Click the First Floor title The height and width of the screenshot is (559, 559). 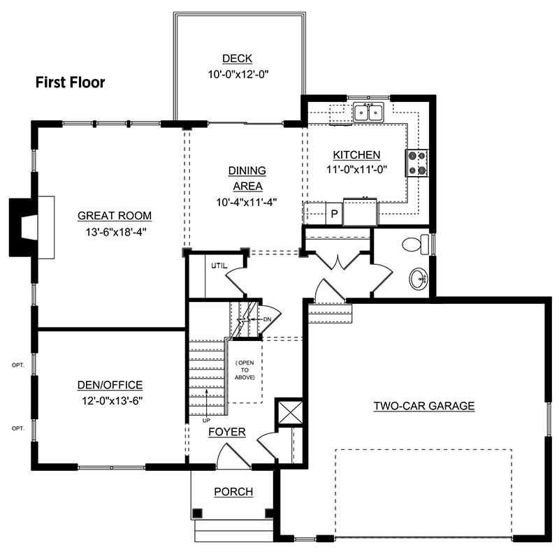click(x=71, y=82)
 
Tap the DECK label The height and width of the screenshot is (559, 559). click(x=237, y=59)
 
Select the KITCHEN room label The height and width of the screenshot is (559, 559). click(x=356, y=154)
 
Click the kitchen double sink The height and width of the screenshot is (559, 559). click(x=369, y=112)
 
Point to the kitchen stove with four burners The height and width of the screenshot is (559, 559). click(x=416, y=163)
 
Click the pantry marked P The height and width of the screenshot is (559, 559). click(x=334, y=214)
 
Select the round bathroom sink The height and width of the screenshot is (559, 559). click(x=419, y=279)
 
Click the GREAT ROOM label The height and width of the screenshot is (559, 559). click(x=115, y=216)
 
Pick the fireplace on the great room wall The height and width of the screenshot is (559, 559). click(x=31, y=227)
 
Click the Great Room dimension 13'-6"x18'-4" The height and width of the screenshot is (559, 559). click(x=116, y=232)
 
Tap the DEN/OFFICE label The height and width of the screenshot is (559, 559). click(x=110, y=385)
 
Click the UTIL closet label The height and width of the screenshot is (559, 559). click(x=219, y=266)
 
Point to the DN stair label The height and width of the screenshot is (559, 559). click(x=267, y=319)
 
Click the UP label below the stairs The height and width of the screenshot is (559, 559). click(x=206, y=421)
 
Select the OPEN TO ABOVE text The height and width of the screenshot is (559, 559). click(x=245, y=370)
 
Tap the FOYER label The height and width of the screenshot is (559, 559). click(x=227, y=432)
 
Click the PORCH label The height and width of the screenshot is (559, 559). click(x=233, y=492)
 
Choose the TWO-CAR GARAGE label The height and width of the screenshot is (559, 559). click(x=424, y=406)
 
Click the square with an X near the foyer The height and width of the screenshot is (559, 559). click(x=291, y=412)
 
